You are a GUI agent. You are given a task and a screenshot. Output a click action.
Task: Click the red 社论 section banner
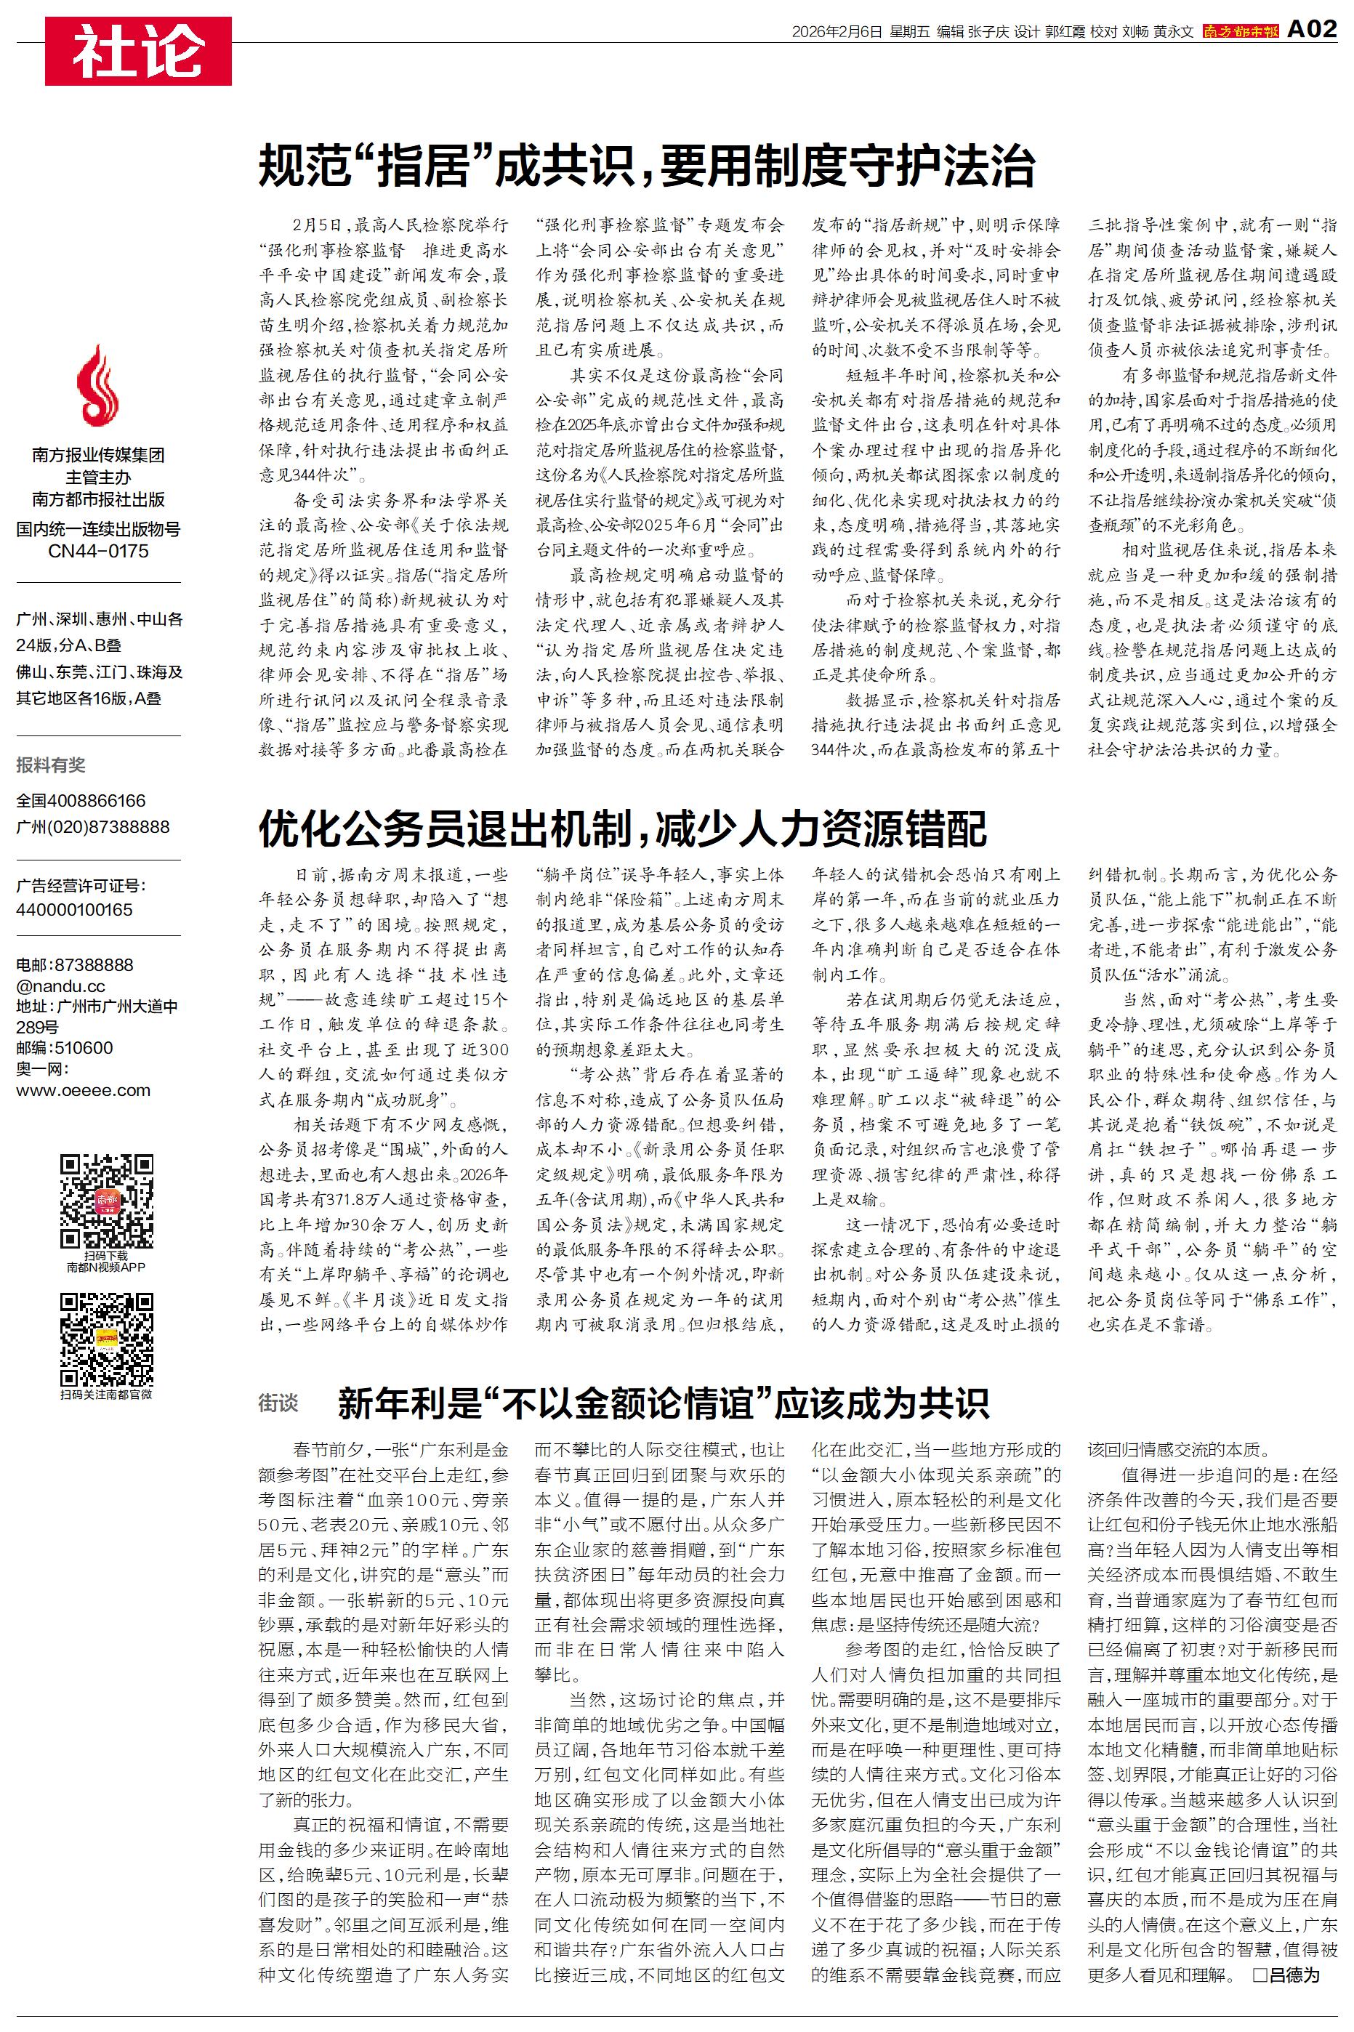[138, 51]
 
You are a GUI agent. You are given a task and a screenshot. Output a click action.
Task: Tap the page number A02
[1311, 29]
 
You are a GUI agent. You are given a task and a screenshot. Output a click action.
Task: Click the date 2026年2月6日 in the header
[837, 32]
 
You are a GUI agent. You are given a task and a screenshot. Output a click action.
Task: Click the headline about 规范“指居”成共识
[646, 166]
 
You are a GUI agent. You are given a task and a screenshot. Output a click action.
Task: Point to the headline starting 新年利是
[662, 1403]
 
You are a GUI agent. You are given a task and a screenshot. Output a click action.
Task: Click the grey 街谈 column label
[278, 1403]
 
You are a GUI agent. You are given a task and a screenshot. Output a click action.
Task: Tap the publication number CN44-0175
[97, 551]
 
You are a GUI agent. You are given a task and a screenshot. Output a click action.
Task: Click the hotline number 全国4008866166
[81, 800]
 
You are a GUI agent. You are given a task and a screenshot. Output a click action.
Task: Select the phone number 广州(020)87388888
[92, 826]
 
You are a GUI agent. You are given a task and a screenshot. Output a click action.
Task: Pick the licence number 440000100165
[74, 909]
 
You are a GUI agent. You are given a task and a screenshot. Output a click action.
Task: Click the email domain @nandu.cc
[60, 985]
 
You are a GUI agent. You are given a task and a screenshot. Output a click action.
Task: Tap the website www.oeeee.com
[83, 1090]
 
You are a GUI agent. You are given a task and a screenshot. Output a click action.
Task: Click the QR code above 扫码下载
[106, 1201]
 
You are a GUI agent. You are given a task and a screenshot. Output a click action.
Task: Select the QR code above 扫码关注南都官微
[106, 1339]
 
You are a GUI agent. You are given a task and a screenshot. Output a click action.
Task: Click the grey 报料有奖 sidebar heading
[51, 765]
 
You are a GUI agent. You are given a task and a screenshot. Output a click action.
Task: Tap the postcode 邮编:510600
[64, 1048]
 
